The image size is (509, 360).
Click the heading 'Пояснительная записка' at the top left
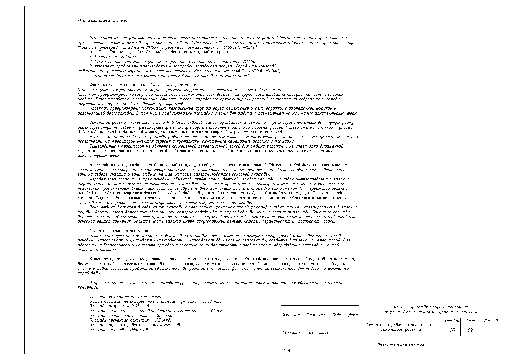coord(103,21)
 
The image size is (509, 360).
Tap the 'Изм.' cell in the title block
coord(286,315)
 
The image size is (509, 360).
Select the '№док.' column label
coord(323,315)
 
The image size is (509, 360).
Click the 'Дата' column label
coord(353,315)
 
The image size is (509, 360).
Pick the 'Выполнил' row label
coord(291,333)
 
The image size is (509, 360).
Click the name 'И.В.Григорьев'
coord(317,333)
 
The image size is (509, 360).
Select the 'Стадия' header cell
coord(452,321)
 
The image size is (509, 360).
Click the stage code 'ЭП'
coord(452,330)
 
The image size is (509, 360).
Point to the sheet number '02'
coord(470,330)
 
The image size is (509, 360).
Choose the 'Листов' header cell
coord(491,321)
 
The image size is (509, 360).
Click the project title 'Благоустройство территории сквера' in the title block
coord(431,307)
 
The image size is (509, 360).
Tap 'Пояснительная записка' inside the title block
coord(400,345)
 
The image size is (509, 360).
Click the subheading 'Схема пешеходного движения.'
coord(119,231)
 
